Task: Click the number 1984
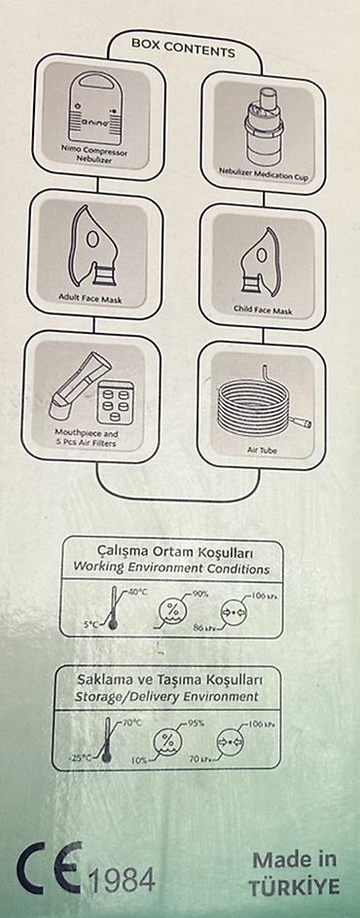122,880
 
